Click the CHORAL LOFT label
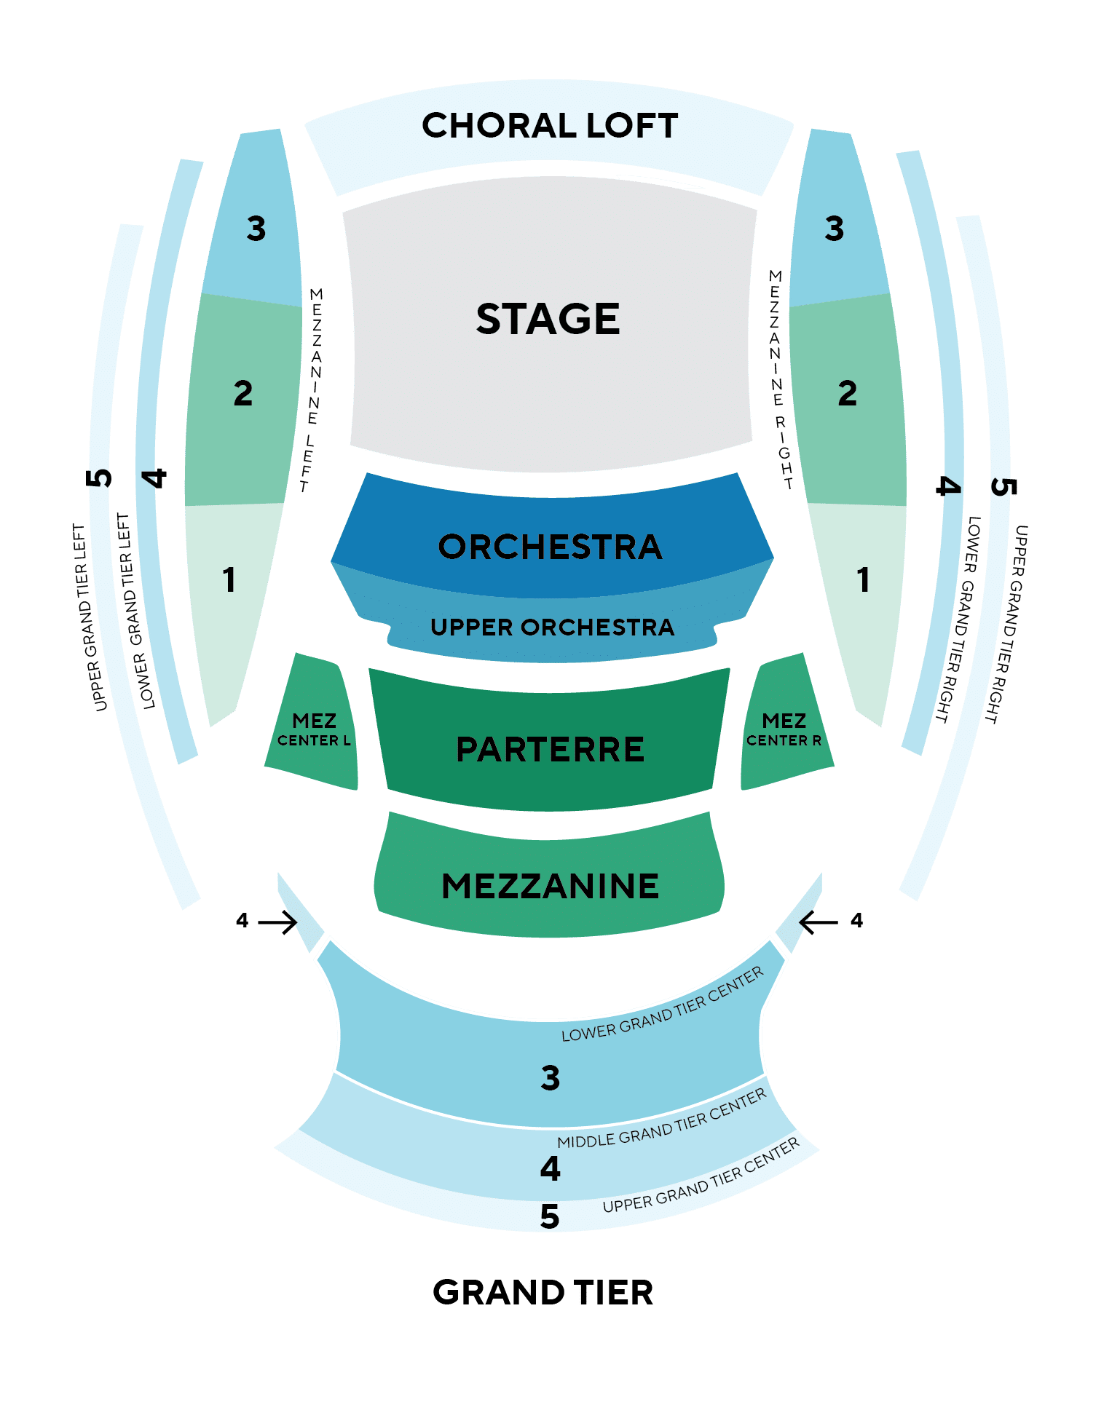(x=550, y=125)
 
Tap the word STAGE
(x=548, y=319)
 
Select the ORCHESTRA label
(x=551, y=547)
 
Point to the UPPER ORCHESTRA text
(x=552, y=627)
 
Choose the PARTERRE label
(x=551, y=749)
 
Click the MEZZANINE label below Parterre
(x=551, y=886)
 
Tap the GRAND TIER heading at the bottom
(x=543, y=1292)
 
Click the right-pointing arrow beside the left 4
(x=277, y=922)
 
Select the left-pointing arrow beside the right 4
(x=819, y=922)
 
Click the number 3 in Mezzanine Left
(x=256, y=229)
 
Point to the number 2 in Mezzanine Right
(x=848, y=394)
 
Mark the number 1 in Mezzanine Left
(x=229, y=580)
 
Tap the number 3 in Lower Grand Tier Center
(x=551, y=1078)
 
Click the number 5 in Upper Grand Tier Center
(x=550, y=1216)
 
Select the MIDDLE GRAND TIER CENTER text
(x=662, y=1119)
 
